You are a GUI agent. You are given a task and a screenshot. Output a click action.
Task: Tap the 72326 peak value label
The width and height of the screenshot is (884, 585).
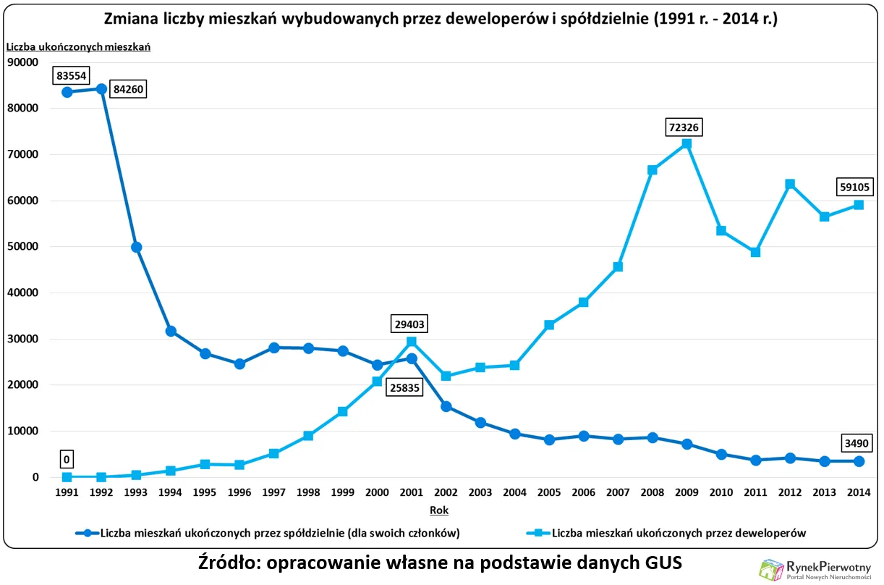click(686, 128)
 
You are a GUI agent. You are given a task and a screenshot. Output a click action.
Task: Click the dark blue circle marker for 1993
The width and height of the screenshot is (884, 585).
click(136, 247)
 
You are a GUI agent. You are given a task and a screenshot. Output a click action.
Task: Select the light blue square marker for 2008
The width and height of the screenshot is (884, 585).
click(652, 170)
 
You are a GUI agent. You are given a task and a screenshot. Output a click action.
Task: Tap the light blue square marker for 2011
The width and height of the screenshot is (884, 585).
click(755, 253)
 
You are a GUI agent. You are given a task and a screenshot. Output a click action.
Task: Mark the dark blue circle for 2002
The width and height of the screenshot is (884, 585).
click(446, 406)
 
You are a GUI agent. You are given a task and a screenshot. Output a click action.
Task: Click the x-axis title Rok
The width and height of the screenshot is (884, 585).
click(439, 510)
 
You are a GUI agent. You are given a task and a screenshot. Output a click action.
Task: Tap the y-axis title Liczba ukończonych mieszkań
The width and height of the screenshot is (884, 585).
click(78, 47)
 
